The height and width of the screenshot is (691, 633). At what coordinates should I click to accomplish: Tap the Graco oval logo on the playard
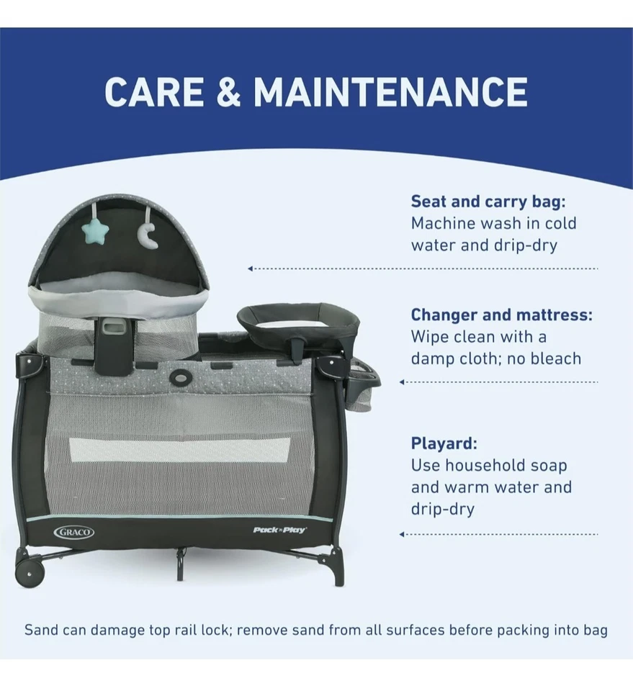[x=73, y=532]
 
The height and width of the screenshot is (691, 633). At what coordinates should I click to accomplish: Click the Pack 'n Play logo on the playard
[x=280, y=530]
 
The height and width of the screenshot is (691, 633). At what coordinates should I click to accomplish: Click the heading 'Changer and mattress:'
[x=502, y=315]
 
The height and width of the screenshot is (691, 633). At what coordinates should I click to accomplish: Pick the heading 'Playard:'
[x=444, y=443]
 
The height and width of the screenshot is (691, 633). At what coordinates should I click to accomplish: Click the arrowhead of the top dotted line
[x=250, y=268]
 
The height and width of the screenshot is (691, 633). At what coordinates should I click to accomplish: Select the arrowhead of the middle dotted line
[x=402, y=382]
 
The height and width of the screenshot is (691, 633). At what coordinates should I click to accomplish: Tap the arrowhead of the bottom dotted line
[x=402, y=534]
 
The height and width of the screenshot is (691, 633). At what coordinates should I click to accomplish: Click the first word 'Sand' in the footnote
[x=41, y=630]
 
